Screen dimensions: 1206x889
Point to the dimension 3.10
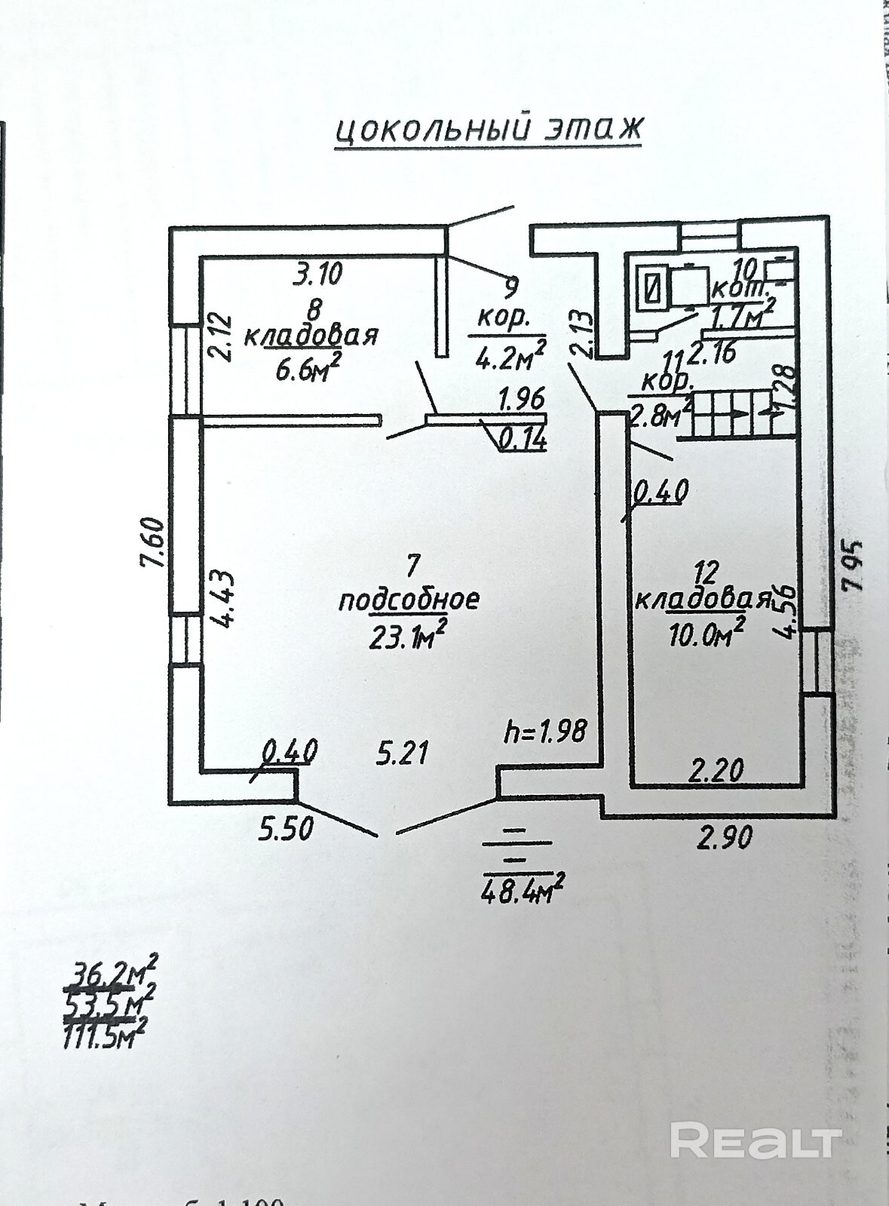point(317,273)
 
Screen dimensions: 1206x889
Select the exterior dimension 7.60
point(152,542)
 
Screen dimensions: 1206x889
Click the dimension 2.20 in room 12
point(717,770)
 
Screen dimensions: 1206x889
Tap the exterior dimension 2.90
point(725,836)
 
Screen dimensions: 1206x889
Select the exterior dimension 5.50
point(286,830)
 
